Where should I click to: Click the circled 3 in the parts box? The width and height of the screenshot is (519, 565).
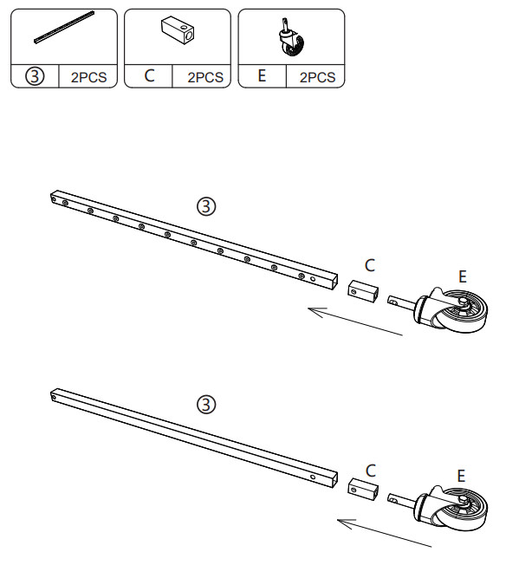[35, 76]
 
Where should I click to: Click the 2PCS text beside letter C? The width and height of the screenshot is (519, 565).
[205, 77]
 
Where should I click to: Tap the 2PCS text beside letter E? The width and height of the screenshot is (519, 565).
[317, 77]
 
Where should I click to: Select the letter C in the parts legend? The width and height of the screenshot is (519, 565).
[149, 75]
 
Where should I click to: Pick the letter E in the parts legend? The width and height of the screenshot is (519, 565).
[262, 75]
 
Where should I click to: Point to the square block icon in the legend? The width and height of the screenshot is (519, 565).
[178, 30]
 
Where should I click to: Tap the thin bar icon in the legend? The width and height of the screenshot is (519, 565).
[65, 28]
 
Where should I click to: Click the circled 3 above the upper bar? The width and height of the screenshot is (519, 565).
[206, 206]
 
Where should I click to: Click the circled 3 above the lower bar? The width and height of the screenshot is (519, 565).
[206, 405]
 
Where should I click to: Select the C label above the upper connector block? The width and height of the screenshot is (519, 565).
[370, 265]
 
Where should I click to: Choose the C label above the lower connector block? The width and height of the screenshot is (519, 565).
[371, 471]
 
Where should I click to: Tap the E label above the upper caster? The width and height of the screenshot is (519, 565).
[463, 276]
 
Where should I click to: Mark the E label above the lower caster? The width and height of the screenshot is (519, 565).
[461, 476]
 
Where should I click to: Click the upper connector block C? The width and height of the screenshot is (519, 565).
[363, 291]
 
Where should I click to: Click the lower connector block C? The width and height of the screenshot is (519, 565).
[363, 489]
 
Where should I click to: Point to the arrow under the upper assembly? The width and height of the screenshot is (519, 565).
[355, 321]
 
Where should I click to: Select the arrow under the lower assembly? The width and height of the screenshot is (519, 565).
[384, 533]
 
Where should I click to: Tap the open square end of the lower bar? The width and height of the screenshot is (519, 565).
[334, 479]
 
